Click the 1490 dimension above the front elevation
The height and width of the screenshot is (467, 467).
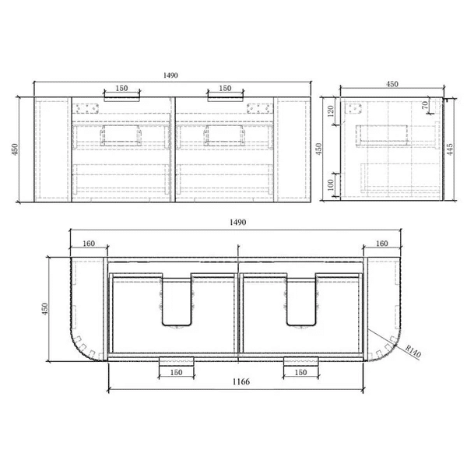[x=170, y=75]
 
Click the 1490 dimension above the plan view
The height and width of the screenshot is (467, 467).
[x=238, y=222]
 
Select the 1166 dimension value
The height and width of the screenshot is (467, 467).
[x=241, y=381]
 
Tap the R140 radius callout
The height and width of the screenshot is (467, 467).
[x=413, y=352]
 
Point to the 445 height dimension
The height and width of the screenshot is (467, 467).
[x=450, y=149]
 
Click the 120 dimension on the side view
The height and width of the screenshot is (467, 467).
[x=331, y=111]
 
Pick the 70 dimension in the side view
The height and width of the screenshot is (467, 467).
[x=425, y=105]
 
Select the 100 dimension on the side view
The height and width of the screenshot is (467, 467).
[x=331, y=185]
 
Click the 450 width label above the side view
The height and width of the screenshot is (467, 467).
[x=392, y=84]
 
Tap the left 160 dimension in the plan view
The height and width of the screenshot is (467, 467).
[x=89, y=244]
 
